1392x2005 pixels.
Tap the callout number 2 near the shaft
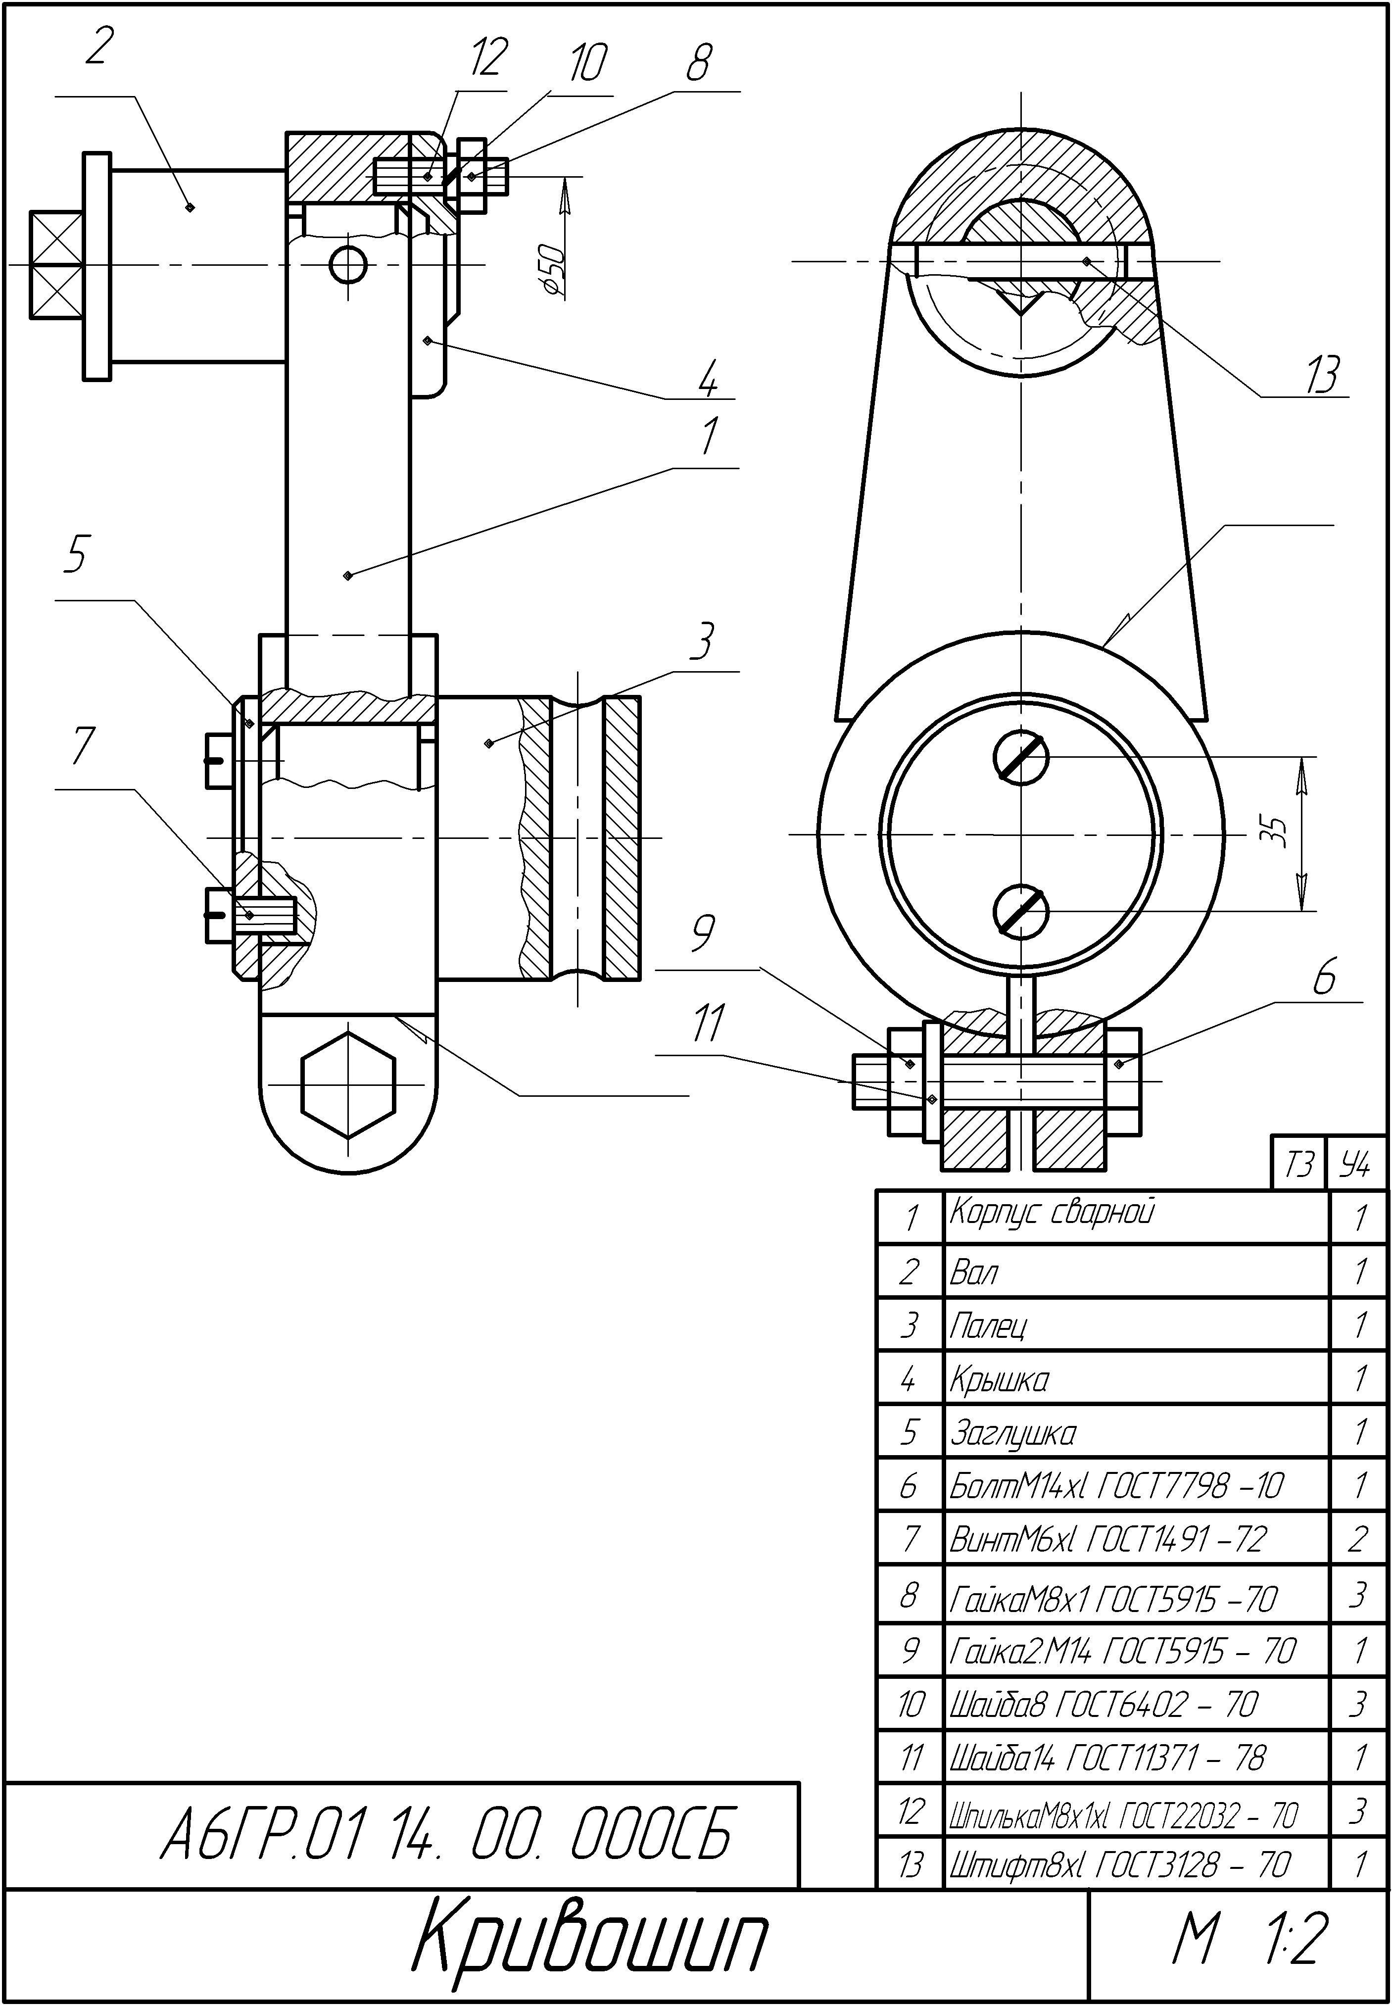coord(98,47)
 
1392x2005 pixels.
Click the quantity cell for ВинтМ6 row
coord(1357,1539)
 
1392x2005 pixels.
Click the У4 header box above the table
coord(1354,1164)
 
